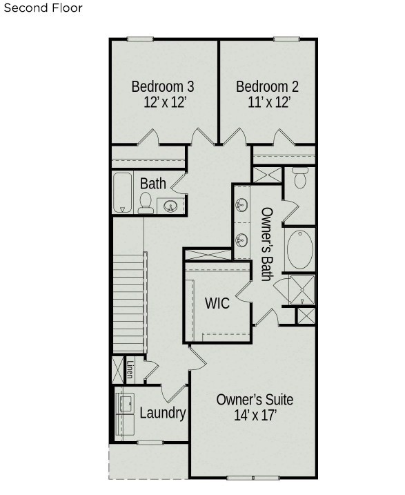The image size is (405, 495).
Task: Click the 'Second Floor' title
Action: [x=43, y=8]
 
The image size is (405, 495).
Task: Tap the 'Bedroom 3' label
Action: [x=163, y=86]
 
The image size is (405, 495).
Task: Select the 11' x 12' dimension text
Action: [x=269, y=102]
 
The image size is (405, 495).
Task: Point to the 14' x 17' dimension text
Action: [x=255, y=415]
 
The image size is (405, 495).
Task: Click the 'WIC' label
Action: [x=217, y=303]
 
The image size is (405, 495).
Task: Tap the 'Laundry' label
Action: [x=163, y=413]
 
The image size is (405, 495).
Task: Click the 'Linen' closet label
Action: [x=130, y=369]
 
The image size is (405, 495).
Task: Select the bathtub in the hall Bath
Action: [x=122, y=193]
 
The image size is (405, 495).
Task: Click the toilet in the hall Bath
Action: [x=146, y=203]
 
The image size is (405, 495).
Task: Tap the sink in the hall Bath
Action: [x=170, y=206]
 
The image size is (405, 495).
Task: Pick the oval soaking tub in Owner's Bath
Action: [x=300, y=249]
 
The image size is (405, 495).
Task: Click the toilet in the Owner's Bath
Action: [x=300, y=177]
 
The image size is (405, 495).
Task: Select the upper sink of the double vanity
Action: [x=241, y=205]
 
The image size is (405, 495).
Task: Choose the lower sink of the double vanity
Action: [x=241, y=240]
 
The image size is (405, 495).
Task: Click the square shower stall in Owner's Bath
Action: [x=302, y=290]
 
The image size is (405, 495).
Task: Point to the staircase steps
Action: [x=129, y=303]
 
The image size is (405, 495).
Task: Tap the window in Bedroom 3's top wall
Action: [x=140, y=39]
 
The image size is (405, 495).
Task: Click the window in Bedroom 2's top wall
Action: [x=286, y=39]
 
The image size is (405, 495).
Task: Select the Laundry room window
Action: [x=150, y=443]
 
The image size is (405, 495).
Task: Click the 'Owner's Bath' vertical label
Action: [x=267, y=244]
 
